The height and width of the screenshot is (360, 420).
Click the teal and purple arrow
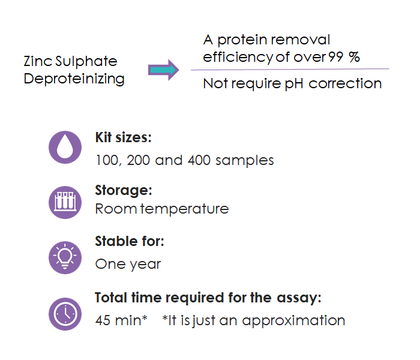(x=163, y=70)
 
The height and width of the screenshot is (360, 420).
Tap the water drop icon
(x=65, y=148)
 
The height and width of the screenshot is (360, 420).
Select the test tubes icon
(x=65, y=202)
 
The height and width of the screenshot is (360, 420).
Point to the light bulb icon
(x=65, y=257)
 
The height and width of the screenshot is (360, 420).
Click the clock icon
(x=65, y=314)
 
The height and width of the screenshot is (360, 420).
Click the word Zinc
(x=38, y=61)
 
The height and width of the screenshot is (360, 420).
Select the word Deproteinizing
(x=74, y=79)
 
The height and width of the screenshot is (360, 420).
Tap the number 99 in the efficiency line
(x=336, y=57)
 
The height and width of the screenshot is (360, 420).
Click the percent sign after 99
(x=354, y=57)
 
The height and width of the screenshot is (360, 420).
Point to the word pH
(x=293, y=84)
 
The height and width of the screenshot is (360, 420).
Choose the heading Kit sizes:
(x=124, y=137)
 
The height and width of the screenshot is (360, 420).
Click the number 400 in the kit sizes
(x=199, y=160)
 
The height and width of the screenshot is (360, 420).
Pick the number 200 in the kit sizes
(x=138, y=160)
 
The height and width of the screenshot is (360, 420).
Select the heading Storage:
(x=124, y=191)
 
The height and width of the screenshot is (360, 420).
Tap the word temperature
(x=185, y=209)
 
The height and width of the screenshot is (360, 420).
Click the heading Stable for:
(x=130, y=241)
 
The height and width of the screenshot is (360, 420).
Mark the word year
(x=145, y=265)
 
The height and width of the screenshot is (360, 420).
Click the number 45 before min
(x=103, y=320)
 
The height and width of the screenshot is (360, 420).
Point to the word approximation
(x=293, y=321)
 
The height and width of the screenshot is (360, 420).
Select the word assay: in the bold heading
(x=299, y=298)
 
